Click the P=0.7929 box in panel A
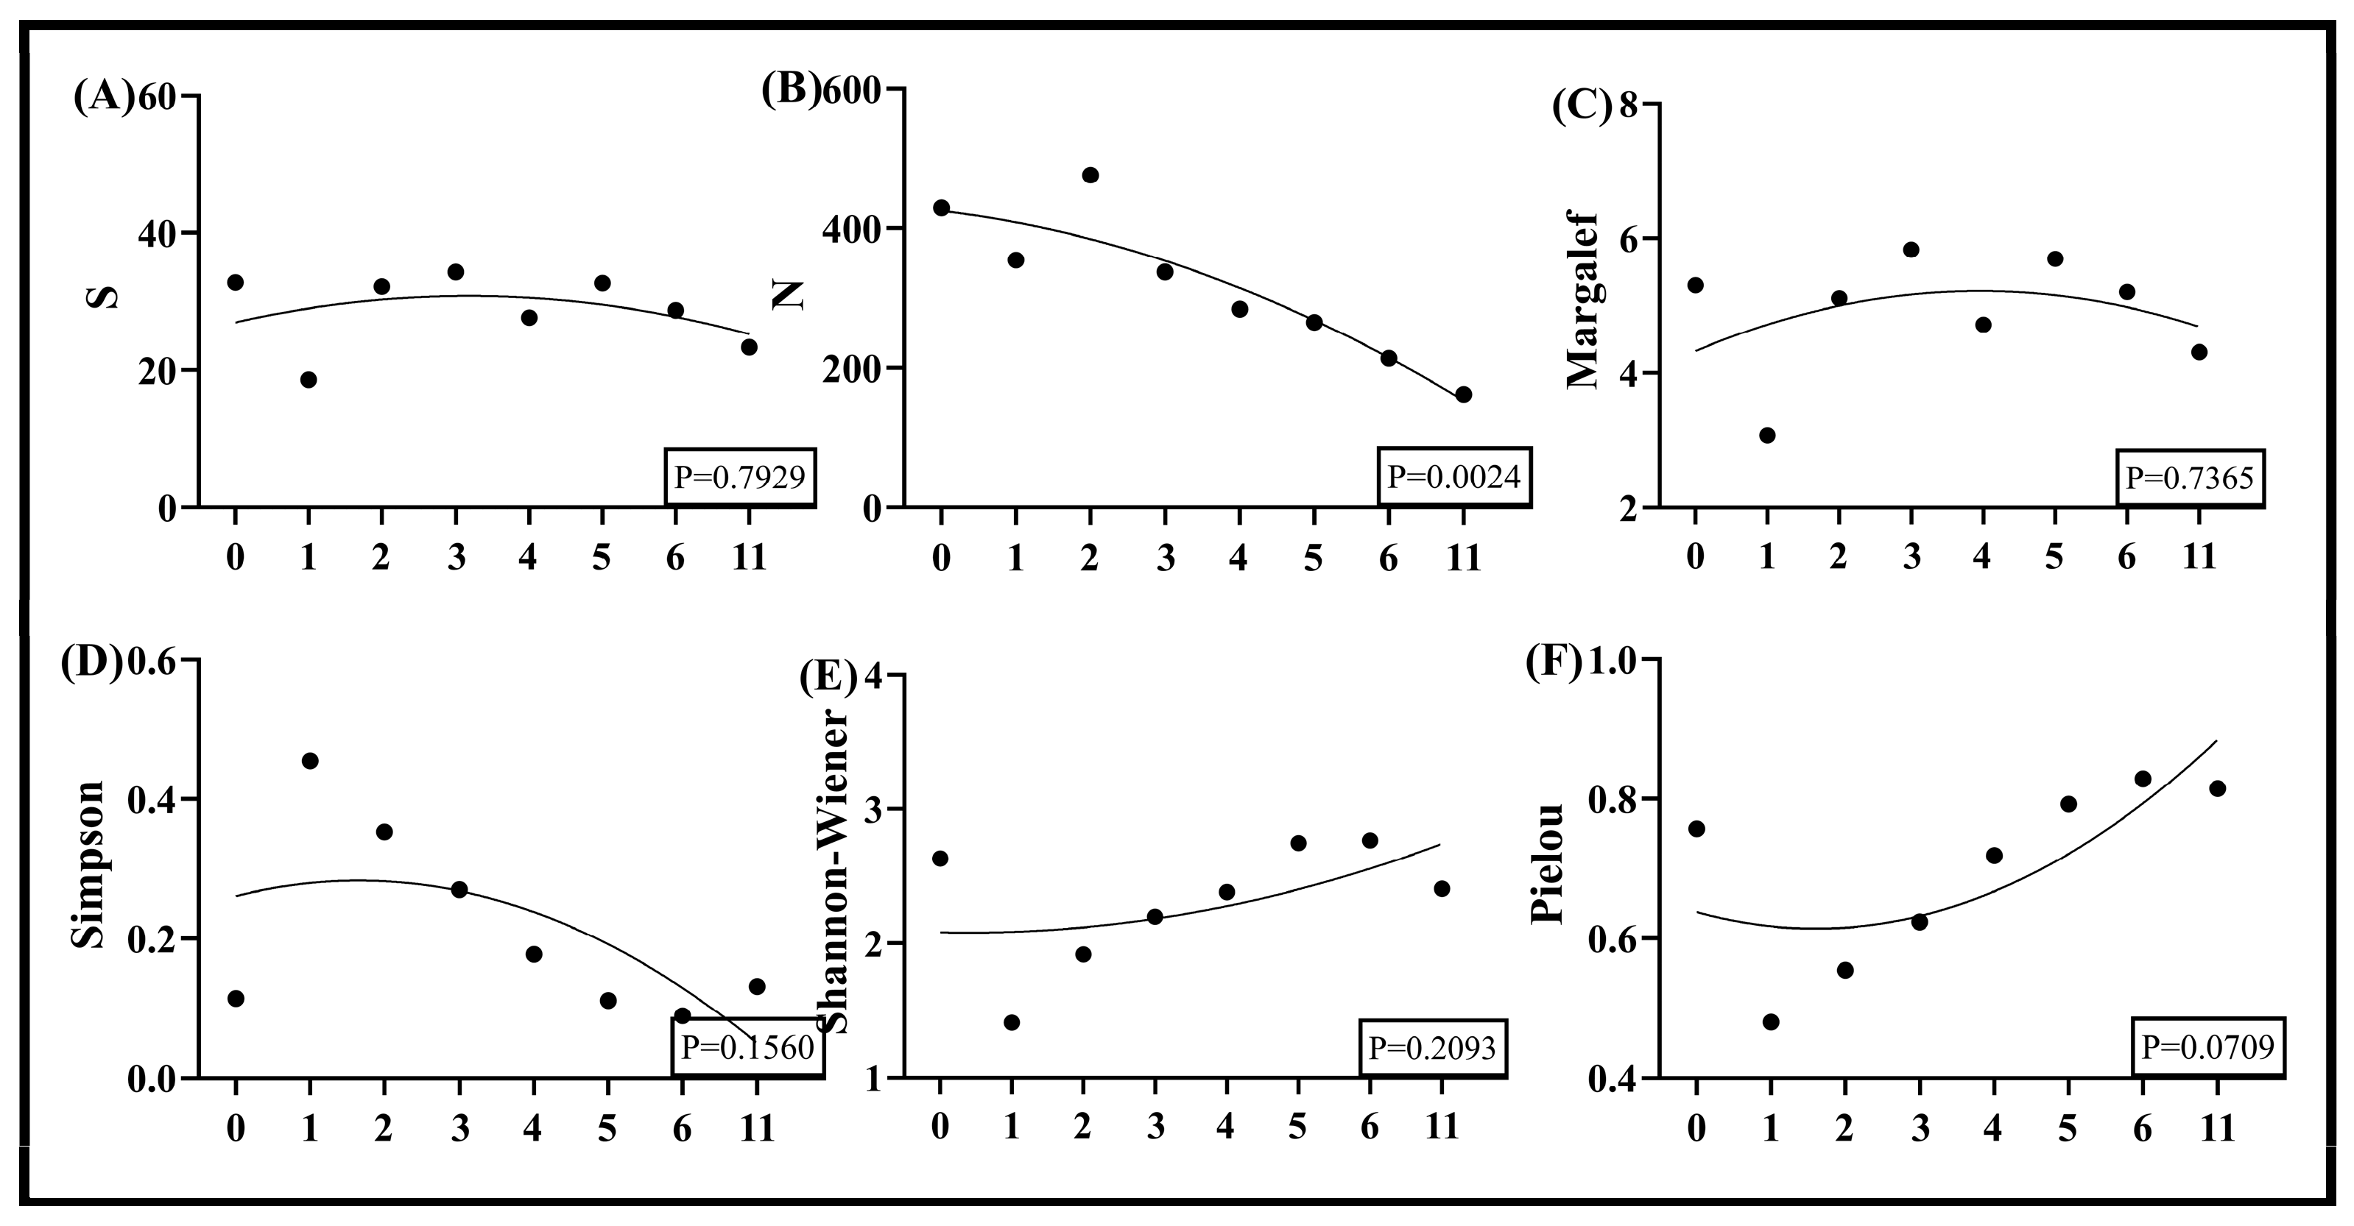pos(739,476)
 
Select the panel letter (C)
pos(1581,106)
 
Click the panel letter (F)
pos(1554,665)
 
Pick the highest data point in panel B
pos(1090,175)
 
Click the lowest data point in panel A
pos(308,379)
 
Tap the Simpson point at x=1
pos(310,761)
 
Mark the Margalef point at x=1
pos(1766,435)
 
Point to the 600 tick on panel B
pos(850,90)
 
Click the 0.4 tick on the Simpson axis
pos(155,799)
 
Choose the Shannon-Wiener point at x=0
pos(940,858)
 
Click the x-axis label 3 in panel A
pos(455,557)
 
